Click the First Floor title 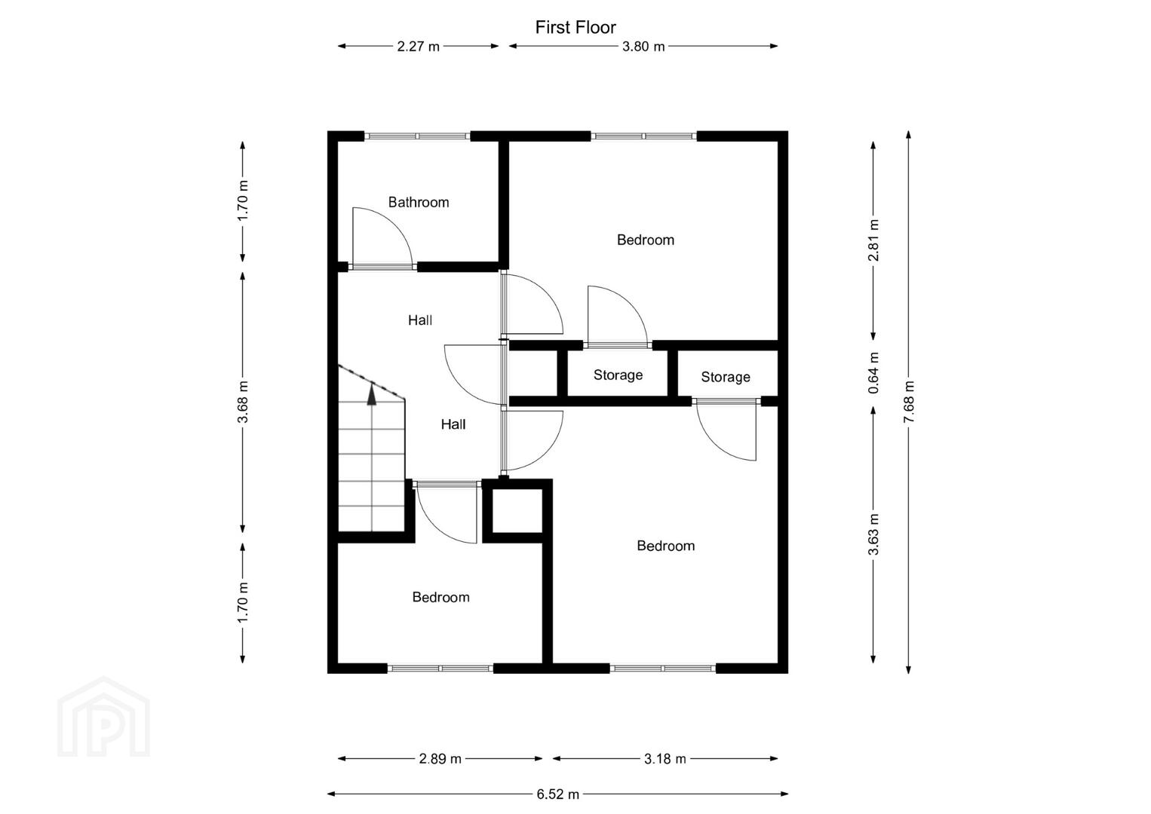[x=575, y=27]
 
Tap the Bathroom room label [x=419, y=202]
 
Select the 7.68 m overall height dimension [x=909, y=402]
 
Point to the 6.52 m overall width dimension [x=557, y=794]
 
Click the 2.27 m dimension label [x=419, y=47]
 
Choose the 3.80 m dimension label [x=643, y=47]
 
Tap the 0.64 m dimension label [x=873, y=373]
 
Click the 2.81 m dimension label [x=873, y=240]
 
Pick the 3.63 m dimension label [x=873, y=534]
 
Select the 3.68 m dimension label [x=243, y=402]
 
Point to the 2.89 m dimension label [x=440, y=758]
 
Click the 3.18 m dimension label [x=665, y=758]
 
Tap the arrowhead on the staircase [x=372, y=396]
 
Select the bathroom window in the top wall [x=417, y=136]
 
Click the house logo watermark [x=103, y=718]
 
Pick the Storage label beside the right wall [x=726, y=377]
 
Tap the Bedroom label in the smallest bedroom [x=441, y=597]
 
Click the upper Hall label [x=420, y=320]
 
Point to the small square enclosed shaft [x=517, y=511]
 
